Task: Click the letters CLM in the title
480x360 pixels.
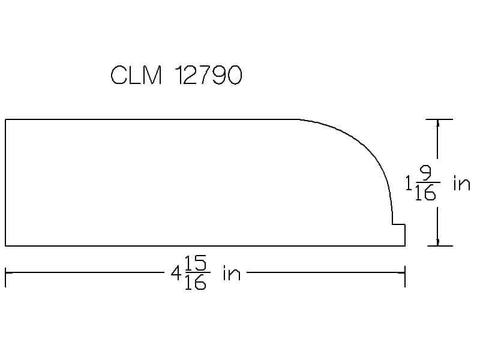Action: click(x=136, y=75)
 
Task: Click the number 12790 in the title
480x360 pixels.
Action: click(x=208, y=75)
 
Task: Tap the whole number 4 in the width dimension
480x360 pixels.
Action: click(x=176, y=273)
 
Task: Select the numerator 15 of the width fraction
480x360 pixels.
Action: click(x=196, y=263)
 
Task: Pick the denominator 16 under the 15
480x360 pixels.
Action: click(x=196, y=282)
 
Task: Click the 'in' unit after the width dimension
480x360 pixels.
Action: click(x=232, y=273)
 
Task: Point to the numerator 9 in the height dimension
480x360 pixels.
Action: click(x=426, y=173)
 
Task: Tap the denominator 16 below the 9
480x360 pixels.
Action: click(x=425, y=193)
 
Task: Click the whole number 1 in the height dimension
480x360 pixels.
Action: click(x=409, y=183)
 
